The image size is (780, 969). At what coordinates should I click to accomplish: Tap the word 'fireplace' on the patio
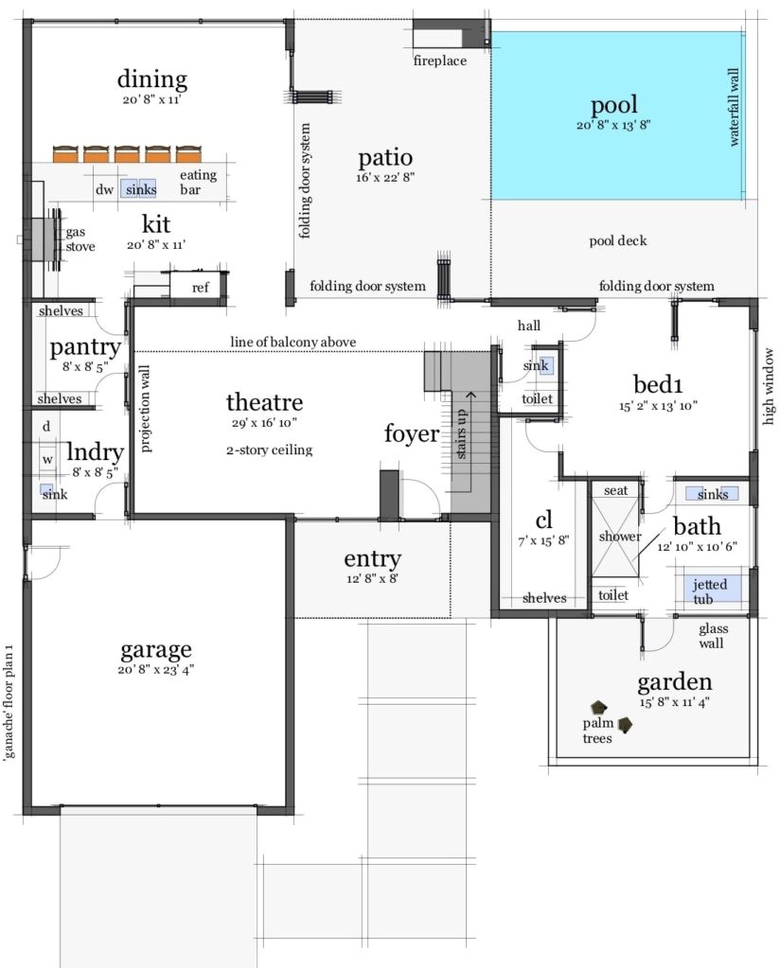coord(440,62)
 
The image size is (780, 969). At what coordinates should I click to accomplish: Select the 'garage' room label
coord(156,649)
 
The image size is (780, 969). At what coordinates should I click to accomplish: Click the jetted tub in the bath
coord(710,589)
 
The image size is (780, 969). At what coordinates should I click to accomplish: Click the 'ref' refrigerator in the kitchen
coord(200,288)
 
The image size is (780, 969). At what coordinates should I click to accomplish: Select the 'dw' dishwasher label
coord(104,189)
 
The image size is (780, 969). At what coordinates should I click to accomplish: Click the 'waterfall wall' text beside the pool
coord(734,107)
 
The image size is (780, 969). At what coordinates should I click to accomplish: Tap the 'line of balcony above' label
coord(292,342)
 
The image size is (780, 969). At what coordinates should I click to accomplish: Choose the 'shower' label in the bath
coord(620,537)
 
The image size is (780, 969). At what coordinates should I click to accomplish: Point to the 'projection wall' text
coord(146,410)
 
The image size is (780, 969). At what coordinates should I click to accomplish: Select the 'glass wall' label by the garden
coord(713,635)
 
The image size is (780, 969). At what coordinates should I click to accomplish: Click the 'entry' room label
coord(372,558)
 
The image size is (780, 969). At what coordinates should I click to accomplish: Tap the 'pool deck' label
coord(617,240)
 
